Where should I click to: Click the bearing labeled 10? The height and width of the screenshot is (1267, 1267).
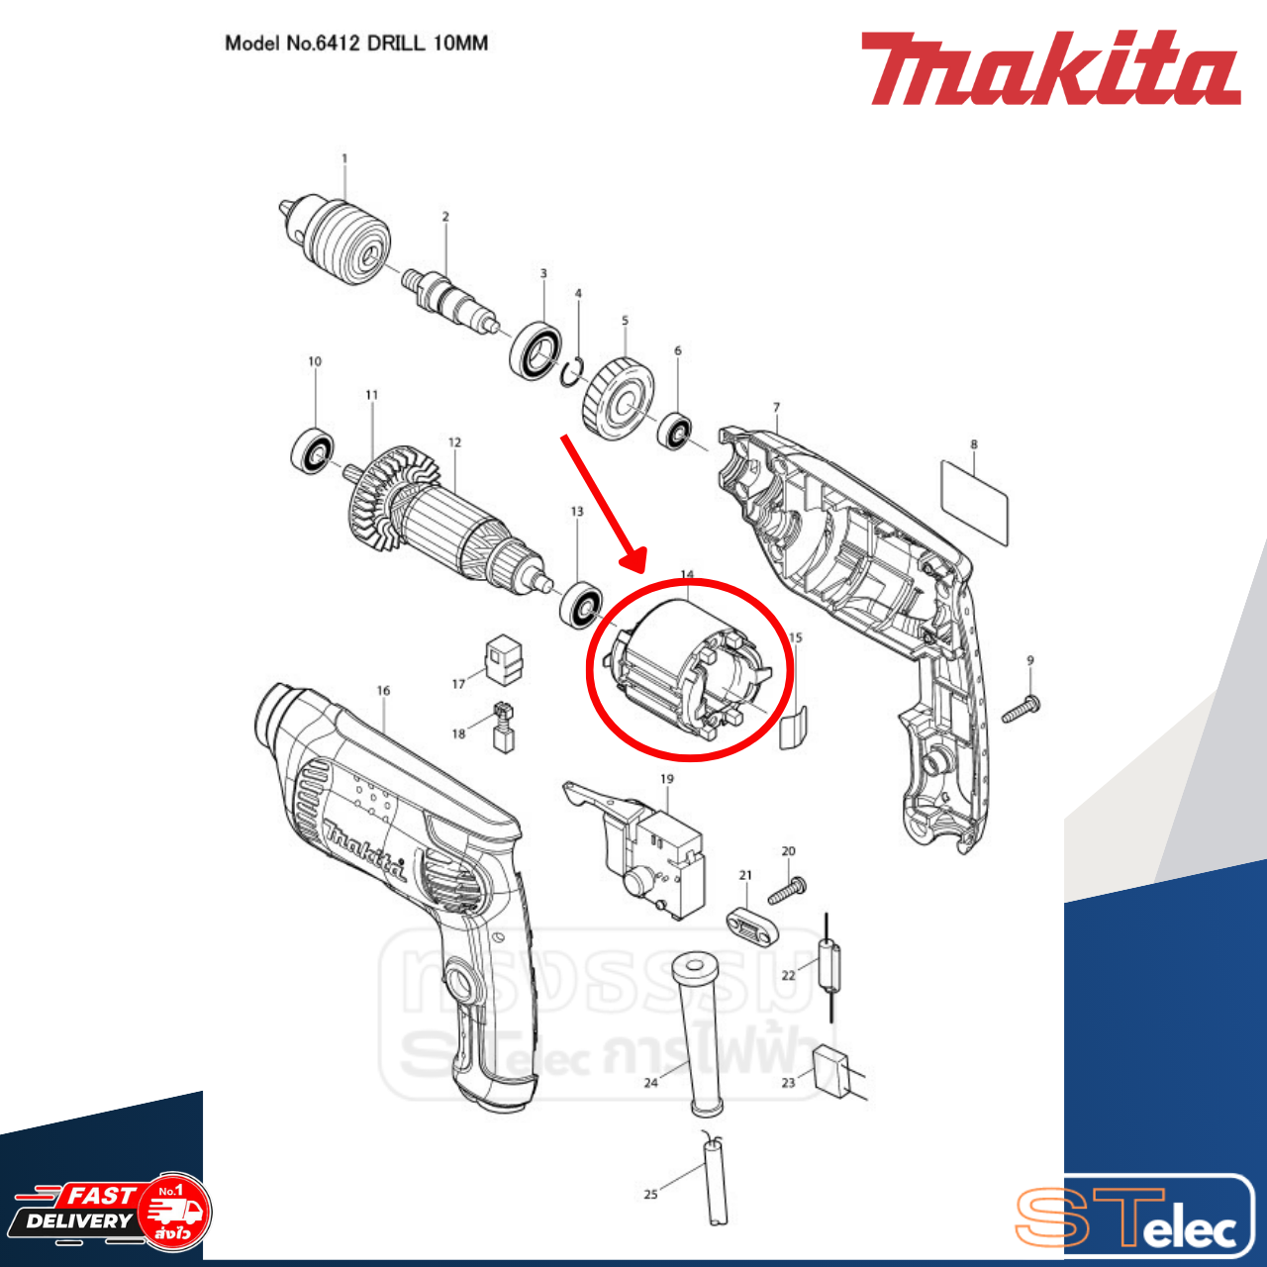pyautogui.click(x=313, y=449)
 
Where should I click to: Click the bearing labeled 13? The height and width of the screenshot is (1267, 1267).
pyautogui.click(x=581, y=605)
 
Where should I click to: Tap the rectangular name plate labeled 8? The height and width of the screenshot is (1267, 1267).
pyautogui.click(x=974, y=501)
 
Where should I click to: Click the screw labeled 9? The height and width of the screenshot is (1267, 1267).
pyautogui.click(x=1020, y=709)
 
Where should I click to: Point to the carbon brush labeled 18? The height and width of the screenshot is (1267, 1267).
pyautogui.click(x=503, y=728)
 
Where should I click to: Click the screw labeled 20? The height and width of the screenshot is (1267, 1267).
pyautogui.click(x=787, y=889)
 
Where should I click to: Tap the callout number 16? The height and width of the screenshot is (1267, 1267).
pyautogui.click(x=383, y=691)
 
